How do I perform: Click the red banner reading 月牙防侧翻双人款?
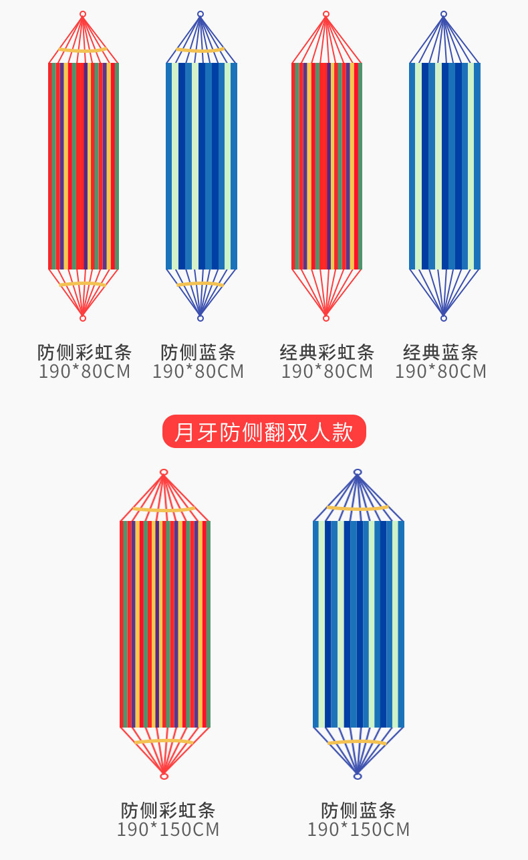(264, 432)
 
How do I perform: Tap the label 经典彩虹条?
(326, 352)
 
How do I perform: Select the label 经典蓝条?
(440, 352)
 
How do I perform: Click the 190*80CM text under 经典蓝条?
(440, 371)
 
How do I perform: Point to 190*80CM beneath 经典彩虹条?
(326, 371)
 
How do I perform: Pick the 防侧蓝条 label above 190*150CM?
(358, 810)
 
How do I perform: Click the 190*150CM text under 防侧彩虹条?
(168, 830)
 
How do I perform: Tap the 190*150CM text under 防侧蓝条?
(358, 830)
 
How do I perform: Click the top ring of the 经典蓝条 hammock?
(443, 14)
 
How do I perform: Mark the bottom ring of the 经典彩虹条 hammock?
(326, 318)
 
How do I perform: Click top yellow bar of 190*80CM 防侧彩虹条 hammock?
(83, 50)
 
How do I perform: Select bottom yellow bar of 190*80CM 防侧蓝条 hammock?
(200, 284)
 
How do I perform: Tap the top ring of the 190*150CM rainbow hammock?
(164, 472)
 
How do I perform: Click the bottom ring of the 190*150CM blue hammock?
(358, 776)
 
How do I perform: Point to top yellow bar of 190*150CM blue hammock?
(358, 508)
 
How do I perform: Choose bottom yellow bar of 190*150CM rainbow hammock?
(164, 742)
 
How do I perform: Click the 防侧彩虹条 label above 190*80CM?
(84, 352)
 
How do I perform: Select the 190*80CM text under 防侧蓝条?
(198, 371)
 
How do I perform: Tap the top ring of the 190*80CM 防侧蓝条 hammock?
(200, 14)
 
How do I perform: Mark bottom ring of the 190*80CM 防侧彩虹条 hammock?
(83, 318)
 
